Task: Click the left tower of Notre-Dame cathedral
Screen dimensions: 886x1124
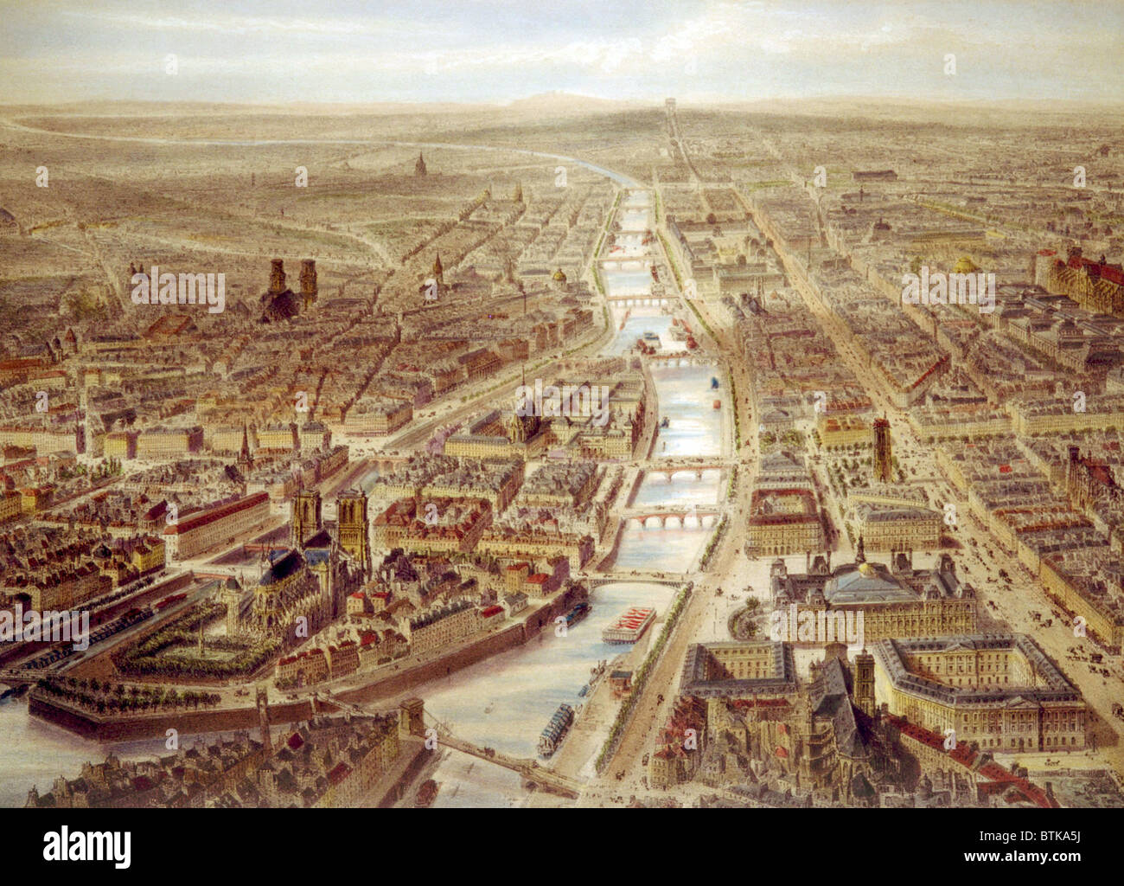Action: pyautogui.click(x=306, y=517)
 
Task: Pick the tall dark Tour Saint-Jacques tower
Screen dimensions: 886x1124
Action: pyautogui.click(x=881, y=449)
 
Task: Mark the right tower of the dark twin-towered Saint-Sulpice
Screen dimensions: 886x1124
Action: pyautogui.click(x=308, y=279)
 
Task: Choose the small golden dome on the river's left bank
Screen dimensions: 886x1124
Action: pyautogui.click(x=559, y=275)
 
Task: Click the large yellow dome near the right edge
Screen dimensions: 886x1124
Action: pyautogui.click(x=965, y=264)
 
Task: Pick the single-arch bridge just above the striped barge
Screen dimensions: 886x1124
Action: pyautogui.click(x=629, y=579)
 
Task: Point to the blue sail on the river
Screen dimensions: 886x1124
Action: pyautogui.click(x=714, y=382)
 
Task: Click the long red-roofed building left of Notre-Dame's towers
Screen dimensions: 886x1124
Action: pyautogui.click(x=216, y=523)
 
